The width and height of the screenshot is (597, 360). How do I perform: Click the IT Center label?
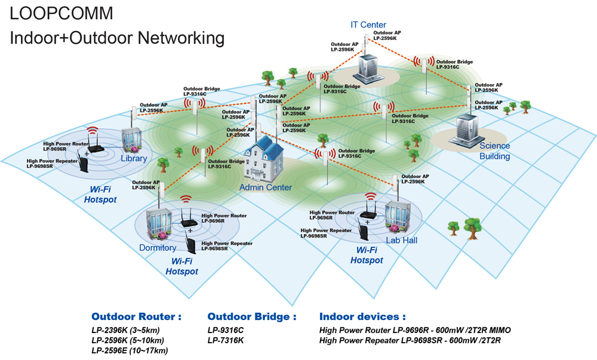coord(368,24)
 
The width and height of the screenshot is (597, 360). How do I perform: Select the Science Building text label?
coord(494,150)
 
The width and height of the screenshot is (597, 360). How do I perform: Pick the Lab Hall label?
coord(401,240)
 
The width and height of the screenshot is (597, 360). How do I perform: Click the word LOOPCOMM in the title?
coord(61,13)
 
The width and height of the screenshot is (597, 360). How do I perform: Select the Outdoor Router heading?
coord(136,316)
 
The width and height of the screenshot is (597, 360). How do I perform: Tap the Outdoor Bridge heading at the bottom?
coord(252,316)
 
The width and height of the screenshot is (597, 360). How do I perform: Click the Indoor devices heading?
coord(362,316)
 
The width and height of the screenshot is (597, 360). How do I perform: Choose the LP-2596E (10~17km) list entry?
coord(130,350)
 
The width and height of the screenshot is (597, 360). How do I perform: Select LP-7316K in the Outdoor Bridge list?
coord(226,340)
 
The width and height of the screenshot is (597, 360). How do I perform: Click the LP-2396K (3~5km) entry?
coord(125,330)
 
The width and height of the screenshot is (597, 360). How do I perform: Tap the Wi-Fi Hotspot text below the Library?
coord(100,195)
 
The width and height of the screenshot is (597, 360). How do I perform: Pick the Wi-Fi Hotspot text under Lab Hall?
coord(367,255)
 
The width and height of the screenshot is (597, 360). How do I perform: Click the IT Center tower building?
coord(368,69)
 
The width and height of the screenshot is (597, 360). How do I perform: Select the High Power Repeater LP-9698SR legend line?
coord(410,340)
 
